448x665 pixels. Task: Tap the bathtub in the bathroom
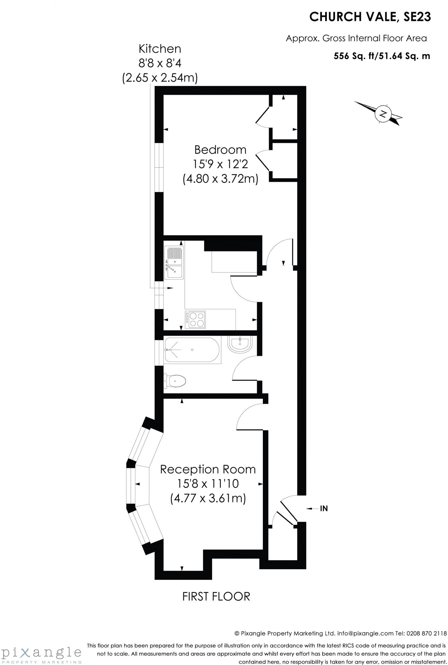pyautogui.click(x=192, y=350)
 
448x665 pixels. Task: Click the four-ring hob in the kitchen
pyautogui.click(x=195, y=320)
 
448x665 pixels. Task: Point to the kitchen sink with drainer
pyautogui.click(x=174, y=262)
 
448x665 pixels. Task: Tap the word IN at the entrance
pyautogui.click(x=324, y=508)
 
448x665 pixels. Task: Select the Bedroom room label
pyautogui.click(x=220, y=150)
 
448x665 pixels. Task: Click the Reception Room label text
pyautogui.click(x=208, y=469)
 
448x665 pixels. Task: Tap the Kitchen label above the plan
pyautogui.click(x=160, y=49)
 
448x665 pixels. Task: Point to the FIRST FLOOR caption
pyautogui.click(x=216, y=596)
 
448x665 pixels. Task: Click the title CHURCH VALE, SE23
pyautogui.click(x=370, y=17)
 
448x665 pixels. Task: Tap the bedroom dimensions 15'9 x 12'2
pyautogui.click(x=220, y=164)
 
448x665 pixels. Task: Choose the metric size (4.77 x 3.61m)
pyautogui.click(x=208, y=498)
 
